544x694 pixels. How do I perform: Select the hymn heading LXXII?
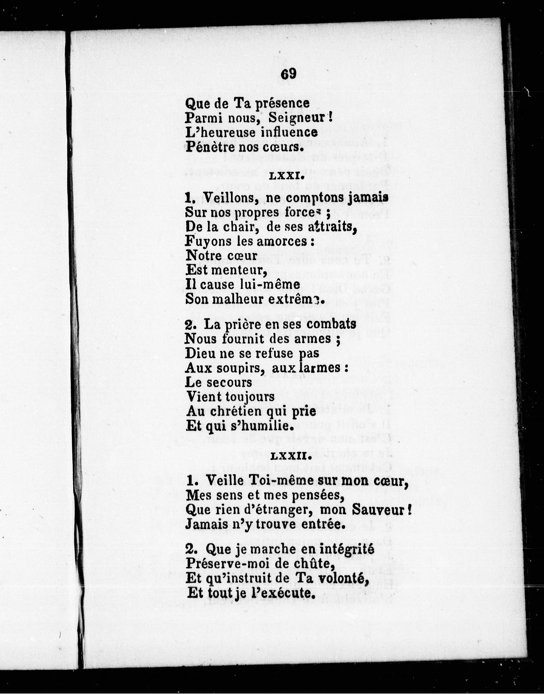click(290, 457)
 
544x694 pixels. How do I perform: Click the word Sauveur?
click(379, 510)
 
